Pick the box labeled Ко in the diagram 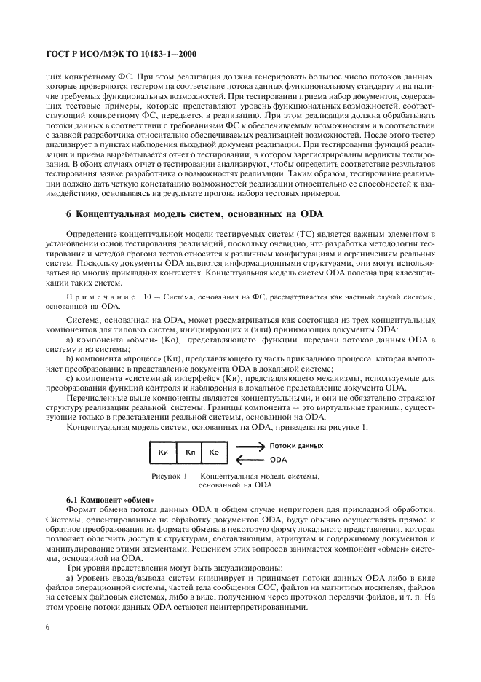[x=214, y=452]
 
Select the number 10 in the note [x=146, y=297]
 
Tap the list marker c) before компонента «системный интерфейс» [x=69, y=378]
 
